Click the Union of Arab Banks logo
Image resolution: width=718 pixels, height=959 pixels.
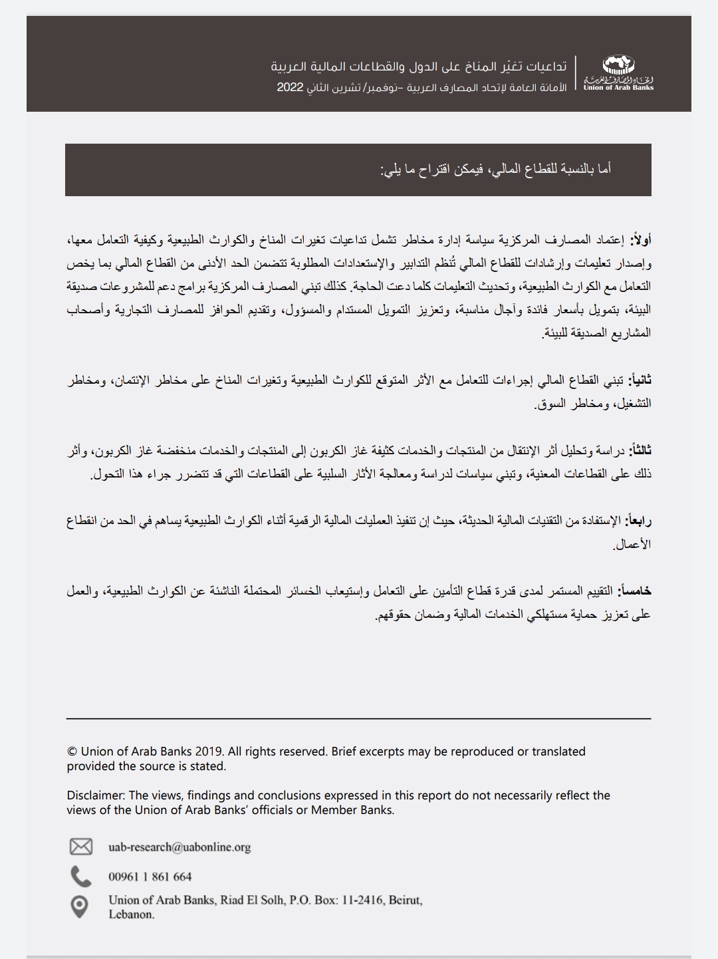click(x=618, y=73)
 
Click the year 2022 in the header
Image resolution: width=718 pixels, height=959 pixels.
click(x=291, y=88)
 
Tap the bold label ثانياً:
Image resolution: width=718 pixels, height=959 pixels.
click(x=641, y=380)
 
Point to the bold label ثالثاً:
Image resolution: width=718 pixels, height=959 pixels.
click(x=641, y=451)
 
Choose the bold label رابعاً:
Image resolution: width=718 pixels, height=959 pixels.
click(x=639, y=521)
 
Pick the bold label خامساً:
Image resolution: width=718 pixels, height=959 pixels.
click(x=635, y=591)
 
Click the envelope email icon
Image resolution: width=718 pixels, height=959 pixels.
click(x=81, y=847)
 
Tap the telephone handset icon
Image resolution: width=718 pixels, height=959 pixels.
click(x=81, y=877)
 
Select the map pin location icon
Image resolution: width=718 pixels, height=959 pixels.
click(x=80, y=906)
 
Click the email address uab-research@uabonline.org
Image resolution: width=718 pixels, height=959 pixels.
click(x=179, y=847)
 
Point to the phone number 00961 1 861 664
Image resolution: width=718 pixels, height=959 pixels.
click(x=150, y=877)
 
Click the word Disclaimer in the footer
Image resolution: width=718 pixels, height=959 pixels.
click(x=96, y=795)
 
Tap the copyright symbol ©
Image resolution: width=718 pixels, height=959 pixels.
click(x=72, y=752)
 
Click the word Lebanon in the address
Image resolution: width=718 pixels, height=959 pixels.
click(x=131, y=914)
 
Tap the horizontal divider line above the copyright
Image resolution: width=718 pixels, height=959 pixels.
click(x=359, y=718)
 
